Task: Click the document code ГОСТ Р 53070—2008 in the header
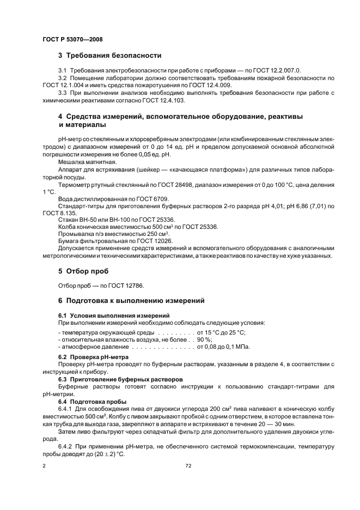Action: click(x=72, y=40)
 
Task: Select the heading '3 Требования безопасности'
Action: click(x=109, y=56)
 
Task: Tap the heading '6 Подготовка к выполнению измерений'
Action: click(x=131, y=300)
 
